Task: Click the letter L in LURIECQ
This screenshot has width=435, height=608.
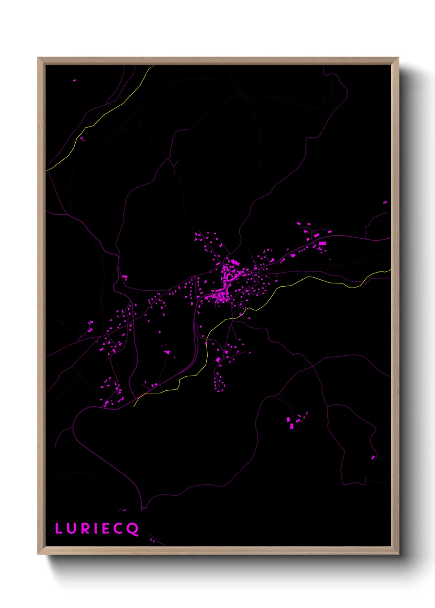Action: (58, 528)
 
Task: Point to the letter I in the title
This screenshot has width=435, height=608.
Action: (95, 528)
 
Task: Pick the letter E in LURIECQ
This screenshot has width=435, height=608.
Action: (106, 528)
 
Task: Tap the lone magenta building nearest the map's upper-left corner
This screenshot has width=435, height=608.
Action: (74, 81)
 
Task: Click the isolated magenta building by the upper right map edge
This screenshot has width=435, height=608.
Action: (385, 203)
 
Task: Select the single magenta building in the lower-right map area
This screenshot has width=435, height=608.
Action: (373, 457)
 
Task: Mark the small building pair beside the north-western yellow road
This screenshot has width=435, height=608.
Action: (82, 139)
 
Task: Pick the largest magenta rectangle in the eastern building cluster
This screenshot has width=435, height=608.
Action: (322, 244)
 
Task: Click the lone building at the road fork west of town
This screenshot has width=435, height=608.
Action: (125, 277)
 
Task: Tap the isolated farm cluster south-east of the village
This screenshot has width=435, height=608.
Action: (296, 421)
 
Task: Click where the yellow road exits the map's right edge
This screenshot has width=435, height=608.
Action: (390, 269)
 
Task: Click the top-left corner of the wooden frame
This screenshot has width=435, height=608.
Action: (38, 58)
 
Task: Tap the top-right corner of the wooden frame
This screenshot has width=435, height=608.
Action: (398, 58)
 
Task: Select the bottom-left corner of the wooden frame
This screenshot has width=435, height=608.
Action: (38, 554)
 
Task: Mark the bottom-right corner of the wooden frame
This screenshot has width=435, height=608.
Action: (398, 554)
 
